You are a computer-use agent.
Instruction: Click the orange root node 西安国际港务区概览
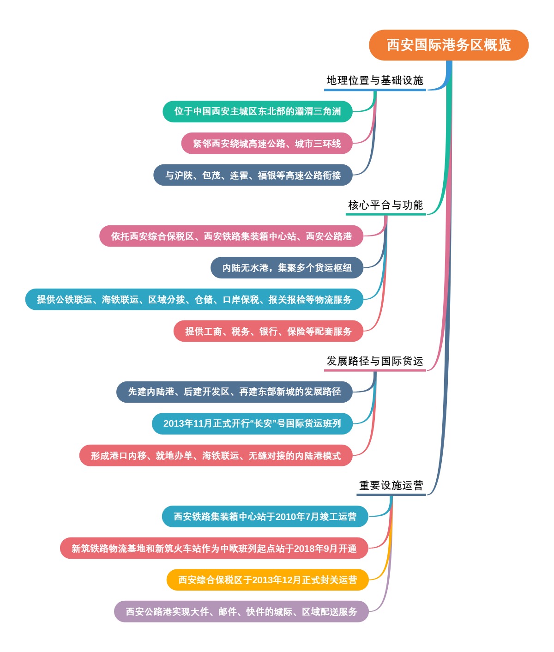coord(448,45)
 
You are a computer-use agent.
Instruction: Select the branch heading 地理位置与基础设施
coord(374,81)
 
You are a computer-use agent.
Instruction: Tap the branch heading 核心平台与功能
coord(385,205)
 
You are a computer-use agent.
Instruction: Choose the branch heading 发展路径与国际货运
coord(374,361)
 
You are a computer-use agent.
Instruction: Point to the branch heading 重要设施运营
coord(391,485)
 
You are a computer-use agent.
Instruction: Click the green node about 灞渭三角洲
coord(258,111)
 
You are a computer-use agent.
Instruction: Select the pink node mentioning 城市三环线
coord(267,144)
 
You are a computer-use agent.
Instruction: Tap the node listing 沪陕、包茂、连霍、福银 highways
coord(253,175)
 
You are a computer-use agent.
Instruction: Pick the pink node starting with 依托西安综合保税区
coord(231,236)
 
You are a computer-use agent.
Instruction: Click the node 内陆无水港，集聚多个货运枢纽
coord(287,268)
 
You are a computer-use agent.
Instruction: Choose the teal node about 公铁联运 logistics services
coord(194,300)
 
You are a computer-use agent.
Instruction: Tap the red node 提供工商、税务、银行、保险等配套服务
coord(268,332)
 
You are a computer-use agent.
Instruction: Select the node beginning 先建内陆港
coord(235,392)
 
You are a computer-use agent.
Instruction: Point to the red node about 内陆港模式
coord(216,456)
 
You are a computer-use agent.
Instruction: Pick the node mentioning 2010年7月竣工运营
coord(265,517)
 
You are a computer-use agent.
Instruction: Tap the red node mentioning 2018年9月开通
coord(214,549)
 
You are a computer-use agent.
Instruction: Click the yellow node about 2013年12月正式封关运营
coord(268,580)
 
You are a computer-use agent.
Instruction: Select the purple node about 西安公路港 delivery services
coord(241,612)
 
